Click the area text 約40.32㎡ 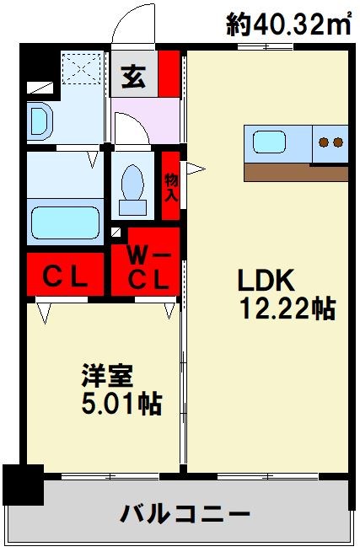tap(290, 24)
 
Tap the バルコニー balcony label tap(185, 512)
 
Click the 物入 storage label tap(171, 187)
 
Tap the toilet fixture tap(133, 190)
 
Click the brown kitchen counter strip tap(295, 173)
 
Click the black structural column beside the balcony tap(21, 485)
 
